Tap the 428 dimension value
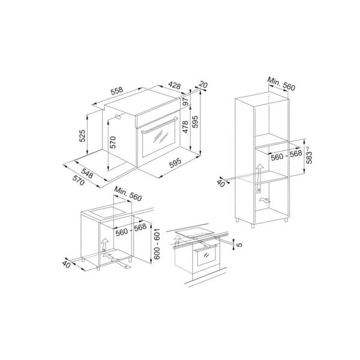coord(174,85)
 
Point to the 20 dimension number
coord(203,85)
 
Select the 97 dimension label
coord(185,101)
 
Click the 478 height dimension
coord(185,127)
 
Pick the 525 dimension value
coord(82,136)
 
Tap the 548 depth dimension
coord(87,173)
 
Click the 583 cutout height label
coord(309,155)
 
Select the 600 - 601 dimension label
coord(157,244)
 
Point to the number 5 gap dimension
coord(239,245)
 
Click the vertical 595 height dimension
coord(194,122)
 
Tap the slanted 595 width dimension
coord(175,163)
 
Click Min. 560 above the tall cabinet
coord(281,84)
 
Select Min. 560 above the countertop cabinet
coord(128,194)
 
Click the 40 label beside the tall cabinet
coord(221,183)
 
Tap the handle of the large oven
coord(160,125)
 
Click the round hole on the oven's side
coord(118,116)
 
